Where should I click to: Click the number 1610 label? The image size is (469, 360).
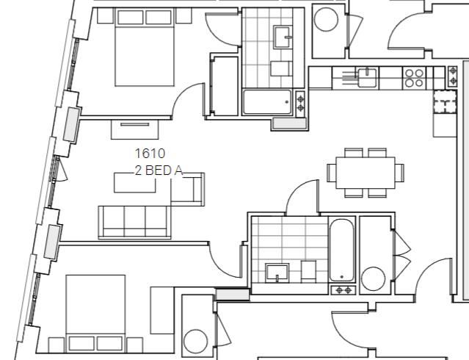(x=150, y=154)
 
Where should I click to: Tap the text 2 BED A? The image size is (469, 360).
(x=157, y=170)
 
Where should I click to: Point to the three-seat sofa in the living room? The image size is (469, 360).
(x=134, y=222)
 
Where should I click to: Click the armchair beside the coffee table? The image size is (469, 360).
(x=188, y=190)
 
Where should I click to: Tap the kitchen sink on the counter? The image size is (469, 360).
(x=365, y=74)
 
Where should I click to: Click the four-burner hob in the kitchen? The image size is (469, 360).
(x=414, y=77)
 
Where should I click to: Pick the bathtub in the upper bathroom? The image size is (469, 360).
(x=268, y=102)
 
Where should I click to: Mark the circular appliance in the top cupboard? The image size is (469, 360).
(x=325, y=20)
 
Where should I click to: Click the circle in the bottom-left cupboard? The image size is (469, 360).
(x=196, y=342)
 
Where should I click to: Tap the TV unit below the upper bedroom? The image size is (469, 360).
(x=134, y=128)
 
